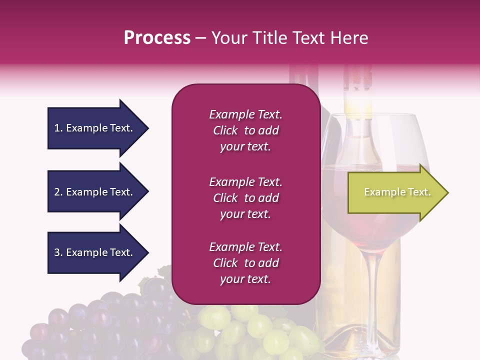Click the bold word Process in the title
point(157,38)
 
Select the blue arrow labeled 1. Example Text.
point(95,128)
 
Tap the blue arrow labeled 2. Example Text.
point(95,192)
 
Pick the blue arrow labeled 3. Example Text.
point(95,252)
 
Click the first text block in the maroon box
point(245,130)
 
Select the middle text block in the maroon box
point(245,198)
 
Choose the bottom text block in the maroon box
point(245,263)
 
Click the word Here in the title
point(349,38)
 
